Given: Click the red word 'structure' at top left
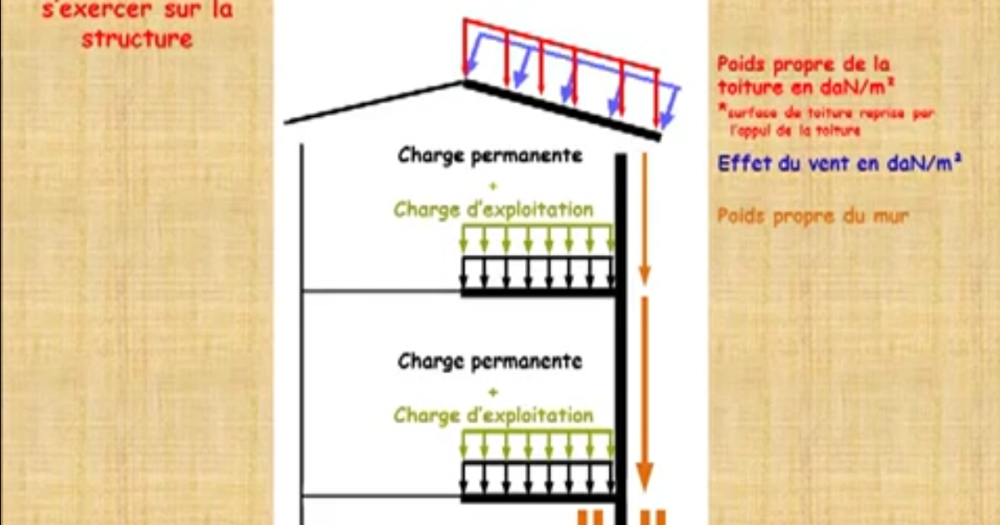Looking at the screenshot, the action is pos(136,39).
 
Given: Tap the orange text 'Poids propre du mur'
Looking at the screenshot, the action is pos(813,217).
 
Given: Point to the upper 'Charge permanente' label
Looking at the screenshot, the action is pos(490,156).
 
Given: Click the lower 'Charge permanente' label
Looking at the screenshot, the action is pos(490,362).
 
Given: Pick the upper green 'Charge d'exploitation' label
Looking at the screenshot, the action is pos(493,209).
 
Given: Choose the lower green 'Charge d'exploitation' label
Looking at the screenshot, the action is pos(493,415).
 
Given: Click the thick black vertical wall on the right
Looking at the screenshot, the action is pos(622,339).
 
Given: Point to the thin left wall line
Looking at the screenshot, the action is pos(301,322).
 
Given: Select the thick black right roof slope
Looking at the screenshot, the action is pos(561,109).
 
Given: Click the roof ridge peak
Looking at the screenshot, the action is pos(462,82).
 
